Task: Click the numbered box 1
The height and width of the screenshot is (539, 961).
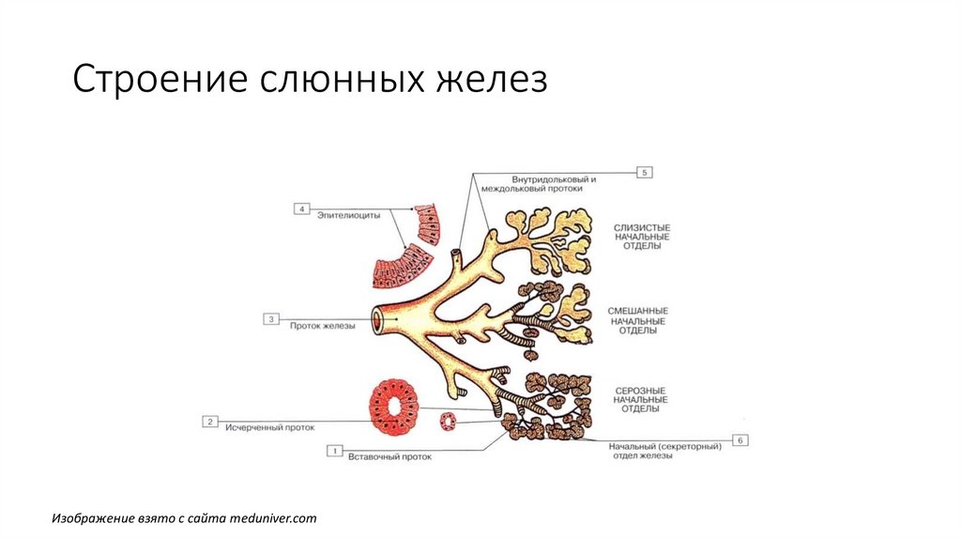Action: pyautogui.click(x=333, y=451)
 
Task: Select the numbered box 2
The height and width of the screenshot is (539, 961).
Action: pyautogui.click(x=211, y=422)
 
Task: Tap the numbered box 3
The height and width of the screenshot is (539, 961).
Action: pyautogui.click(x=271, y=319)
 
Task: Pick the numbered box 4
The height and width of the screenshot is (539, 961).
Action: pyautogui.click(x=302, y=208)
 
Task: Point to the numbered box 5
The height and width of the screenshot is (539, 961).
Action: pyautogui.click(x=645, y=172)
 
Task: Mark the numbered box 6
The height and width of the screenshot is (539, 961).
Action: pyautogui.click(x=740, y=439)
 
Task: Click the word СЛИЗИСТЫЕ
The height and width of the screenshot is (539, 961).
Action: pyautogui.click(x=642, y=226)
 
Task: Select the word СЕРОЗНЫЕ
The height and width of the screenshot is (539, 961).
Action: pyautogui.click(x=640, y=390)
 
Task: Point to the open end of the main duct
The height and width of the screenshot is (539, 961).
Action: pyautogui.click(x=377, y=320)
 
